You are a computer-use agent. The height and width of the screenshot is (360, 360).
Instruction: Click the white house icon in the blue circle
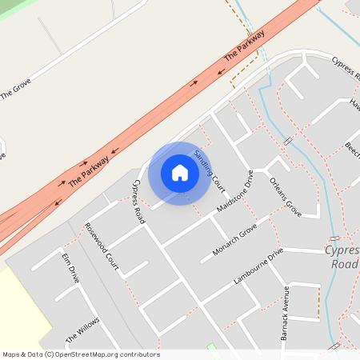point(180,173)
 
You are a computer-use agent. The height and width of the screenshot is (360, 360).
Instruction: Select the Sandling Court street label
point(210,169)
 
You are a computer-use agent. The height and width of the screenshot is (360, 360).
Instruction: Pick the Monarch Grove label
point(234,241)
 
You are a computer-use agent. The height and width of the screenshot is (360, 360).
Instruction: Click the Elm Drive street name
point(71,269)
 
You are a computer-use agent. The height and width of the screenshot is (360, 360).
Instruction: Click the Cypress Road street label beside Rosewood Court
point(139,201)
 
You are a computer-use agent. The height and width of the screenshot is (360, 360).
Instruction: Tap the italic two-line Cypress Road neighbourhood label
point(342,257)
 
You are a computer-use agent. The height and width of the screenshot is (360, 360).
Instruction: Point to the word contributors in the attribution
point(138,354)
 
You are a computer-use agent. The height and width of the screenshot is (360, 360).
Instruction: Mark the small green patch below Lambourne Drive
point(211,347)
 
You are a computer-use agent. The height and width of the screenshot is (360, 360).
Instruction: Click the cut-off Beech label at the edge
point(353,149)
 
